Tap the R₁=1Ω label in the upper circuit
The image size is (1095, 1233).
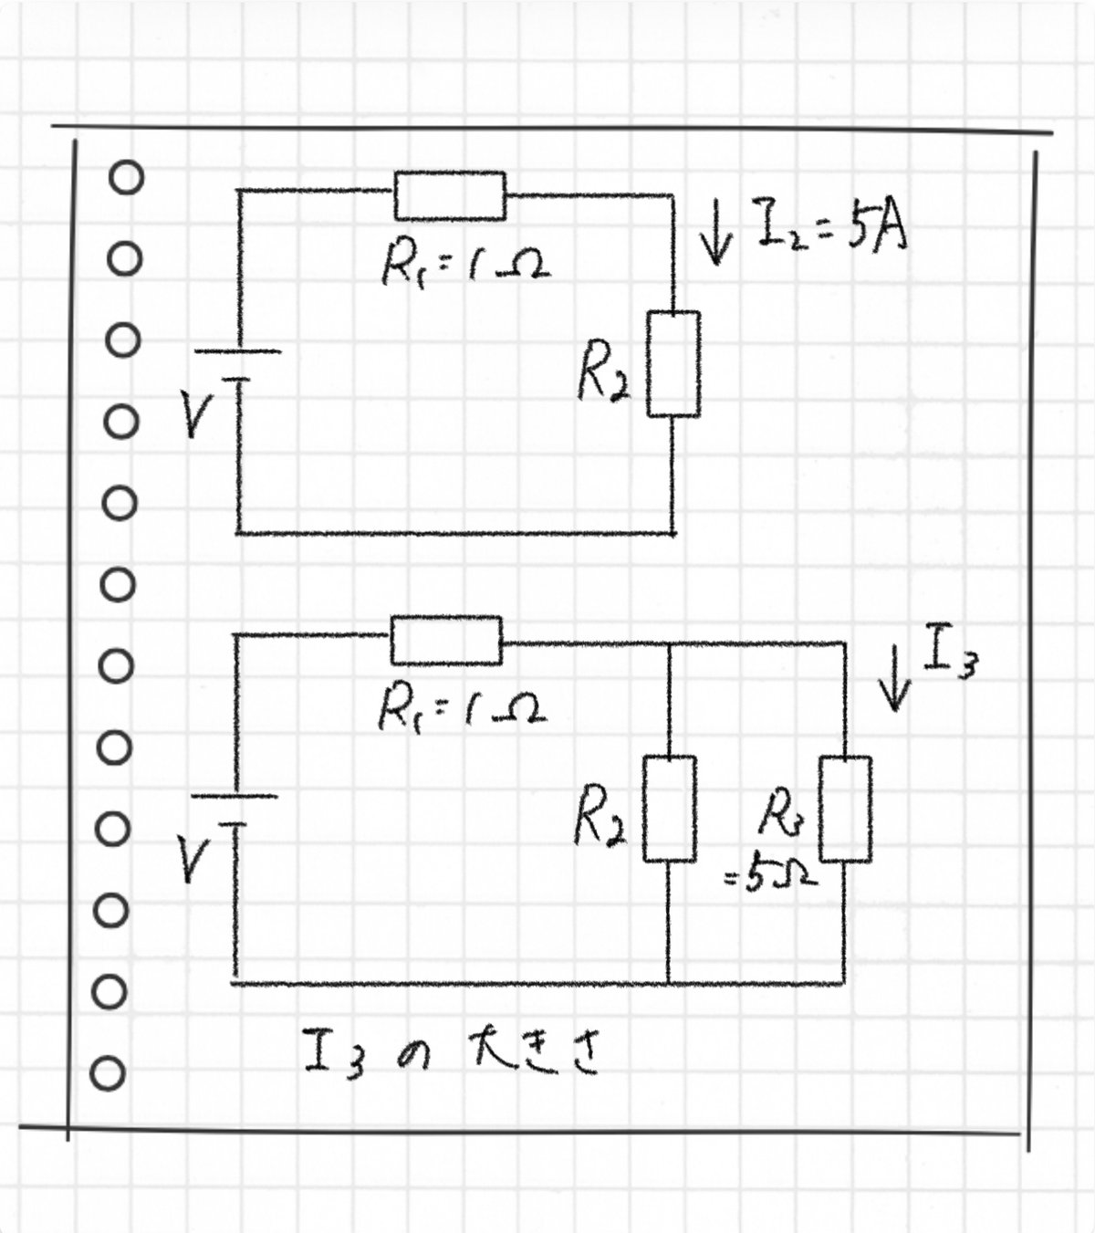(466, 266)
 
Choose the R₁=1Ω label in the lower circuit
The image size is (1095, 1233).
(463, 710)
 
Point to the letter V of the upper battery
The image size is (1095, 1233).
(198, 415)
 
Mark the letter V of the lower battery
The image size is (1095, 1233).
(194, 860)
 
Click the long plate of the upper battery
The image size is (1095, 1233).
(237, 351)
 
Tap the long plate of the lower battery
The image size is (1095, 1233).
(235, 796)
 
